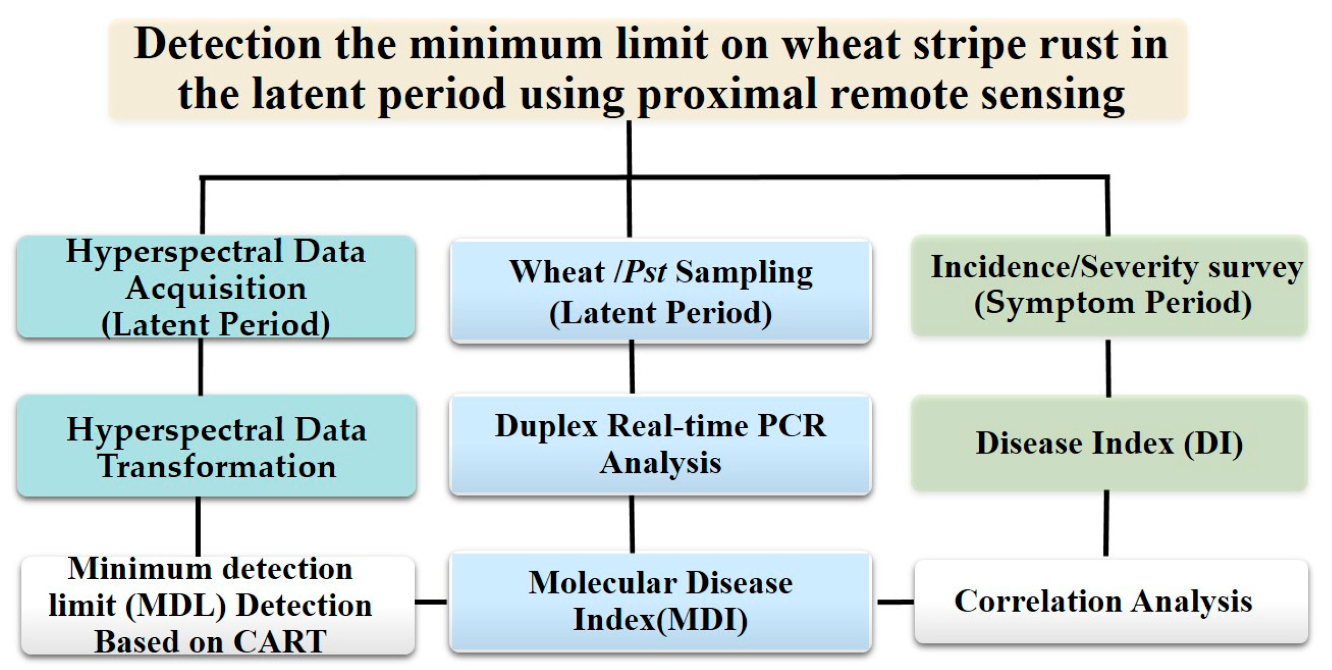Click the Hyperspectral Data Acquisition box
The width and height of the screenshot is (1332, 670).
pyautogui.click(x=216, y=287)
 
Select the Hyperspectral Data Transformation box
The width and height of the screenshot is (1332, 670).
pyautogui.click(x=216, y=446)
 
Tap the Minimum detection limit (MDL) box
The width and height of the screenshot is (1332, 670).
pyautogui.click(x=218, y=606)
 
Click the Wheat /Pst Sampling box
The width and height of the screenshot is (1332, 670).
pyautogui.click(x=661, y=291)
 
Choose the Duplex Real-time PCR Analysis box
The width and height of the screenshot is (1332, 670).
pyautogui.click(x=661, y=444)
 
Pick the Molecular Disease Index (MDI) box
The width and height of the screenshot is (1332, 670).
pyautogui.click(x=661, y=602)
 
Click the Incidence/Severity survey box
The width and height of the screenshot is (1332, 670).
pyautogui.click(x=1110, y=285)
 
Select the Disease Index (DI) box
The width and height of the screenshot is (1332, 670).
pyautogui.click(x=1110, y=443)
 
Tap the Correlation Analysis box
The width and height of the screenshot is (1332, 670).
pyautogui.click(x=1111, y=601)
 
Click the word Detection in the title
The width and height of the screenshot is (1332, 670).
pyautogui.click(x=228, y=44)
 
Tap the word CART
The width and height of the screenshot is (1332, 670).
pyautogui.click(x=280, y=641)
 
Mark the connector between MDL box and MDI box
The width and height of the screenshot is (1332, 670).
pyautogui.click(x=431, y=602)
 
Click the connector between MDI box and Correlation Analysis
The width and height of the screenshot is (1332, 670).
pyautogui.click(x=895, y=602)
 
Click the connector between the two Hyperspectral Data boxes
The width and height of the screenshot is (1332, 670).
pyautogui.click(x=201, y=367)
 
